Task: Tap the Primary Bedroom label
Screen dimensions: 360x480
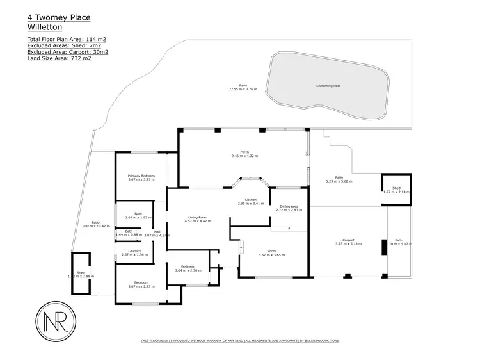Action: [x=141, y=176]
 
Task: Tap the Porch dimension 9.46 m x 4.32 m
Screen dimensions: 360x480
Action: [x=244, y=156]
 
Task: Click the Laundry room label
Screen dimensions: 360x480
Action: [x=134, y=250]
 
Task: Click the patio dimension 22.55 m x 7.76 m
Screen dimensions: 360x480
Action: [x=243, y=89]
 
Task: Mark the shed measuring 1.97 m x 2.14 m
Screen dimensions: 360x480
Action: [x=396, y=190]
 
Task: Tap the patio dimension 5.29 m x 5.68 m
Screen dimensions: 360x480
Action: [x=339, y=181]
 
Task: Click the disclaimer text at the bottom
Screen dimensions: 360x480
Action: [x=239, y=341]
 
